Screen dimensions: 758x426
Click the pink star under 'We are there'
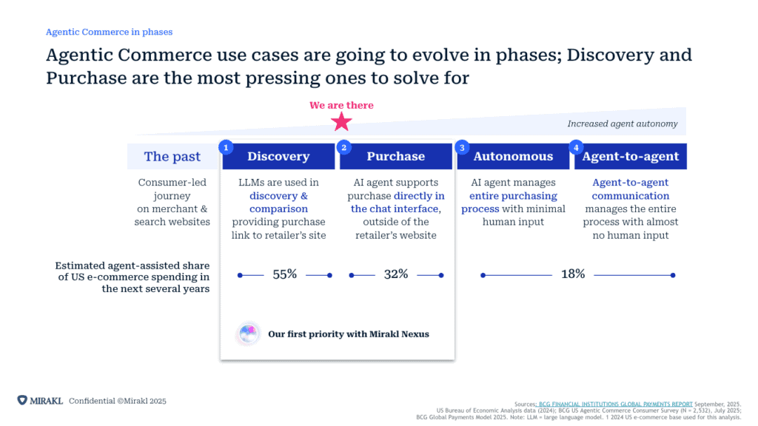coord(341,122)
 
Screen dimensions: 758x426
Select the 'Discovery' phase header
coord(278,156)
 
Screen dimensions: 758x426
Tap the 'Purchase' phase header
coord(396,156)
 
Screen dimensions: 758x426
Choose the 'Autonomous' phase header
coord(514,156)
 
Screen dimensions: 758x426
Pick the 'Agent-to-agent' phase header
coord(631,156)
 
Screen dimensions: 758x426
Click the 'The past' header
coord(172,156)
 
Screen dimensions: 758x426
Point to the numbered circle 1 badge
coord(226,147)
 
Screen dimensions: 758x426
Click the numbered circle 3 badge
coord(462,147)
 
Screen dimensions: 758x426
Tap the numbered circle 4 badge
coord(576,147)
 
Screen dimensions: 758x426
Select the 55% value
coord(285,274)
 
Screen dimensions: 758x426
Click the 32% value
coord(396,274)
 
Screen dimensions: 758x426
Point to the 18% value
coord(573,274)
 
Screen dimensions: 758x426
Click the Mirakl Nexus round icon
coord(249,334)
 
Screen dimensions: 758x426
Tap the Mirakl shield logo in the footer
coord(22,400)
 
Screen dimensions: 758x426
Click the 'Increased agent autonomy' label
coord(623,124)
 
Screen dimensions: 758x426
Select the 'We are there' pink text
coord(341,105)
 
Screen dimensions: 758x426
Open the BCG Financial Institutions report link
coord(615,405)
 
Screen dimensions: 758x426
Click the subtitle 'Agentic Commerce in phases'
coord(110,32)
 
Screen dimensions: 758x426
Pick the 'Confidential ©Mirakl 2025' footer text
coord(118,401)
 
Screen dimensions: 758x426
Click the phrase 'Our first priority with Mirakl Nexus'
coord(349,334)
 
